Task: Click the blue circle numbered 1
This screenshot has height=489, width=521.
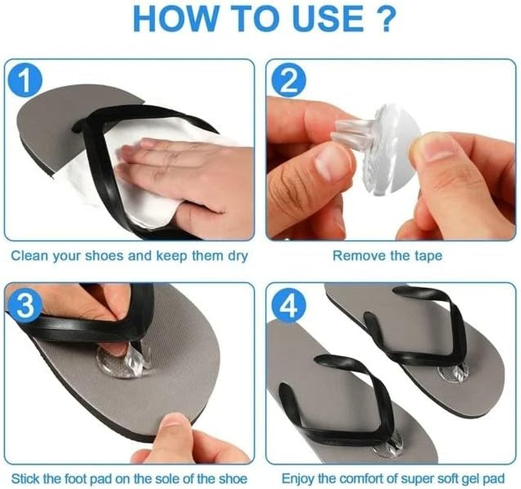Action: coord(24,80)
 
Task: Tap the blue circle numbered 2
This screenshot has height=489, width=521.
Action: coord(285,81)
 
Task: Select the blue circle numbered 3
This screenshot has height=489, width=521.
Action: coord(24,305)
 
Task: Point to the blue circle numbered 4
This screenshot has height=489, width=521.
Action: coord(285,306)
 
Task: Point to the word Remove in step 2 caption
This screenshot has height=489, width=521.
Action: coord(355,256)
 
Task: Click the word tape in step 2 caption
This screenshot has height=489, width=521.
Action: coord(428,256)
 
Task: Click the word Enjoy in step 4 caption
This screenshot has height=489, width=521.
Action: coord(298,477)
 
